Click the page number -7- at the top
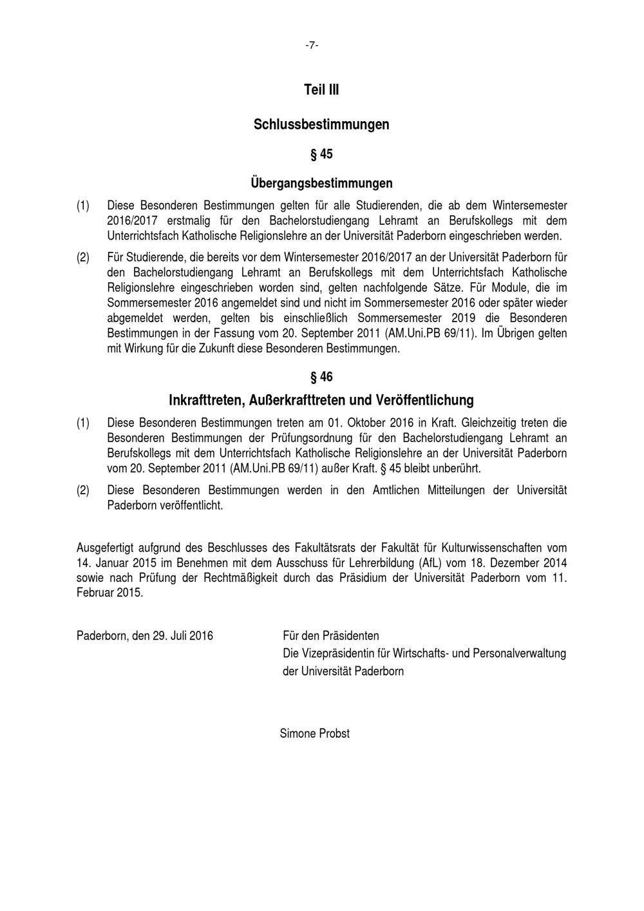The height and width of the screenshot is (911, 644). tap(312, 45)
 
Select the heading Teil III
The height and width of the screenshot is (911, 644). tap(321, 90)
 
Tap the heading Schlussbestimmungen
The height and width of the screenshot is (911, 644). tap(321, 124)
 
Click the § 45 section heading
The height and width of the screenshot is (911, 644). tap(321, 155)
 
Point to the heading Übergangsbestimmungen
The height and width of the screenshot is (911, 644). tap(321, 184)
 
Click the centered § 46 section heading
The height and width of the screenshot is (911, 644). tap(321, 377)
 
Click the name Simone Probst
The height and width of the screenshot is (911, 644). tap(315, 733)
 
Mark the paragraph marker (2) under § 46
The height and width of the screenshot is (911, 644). tap(83, 490)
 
